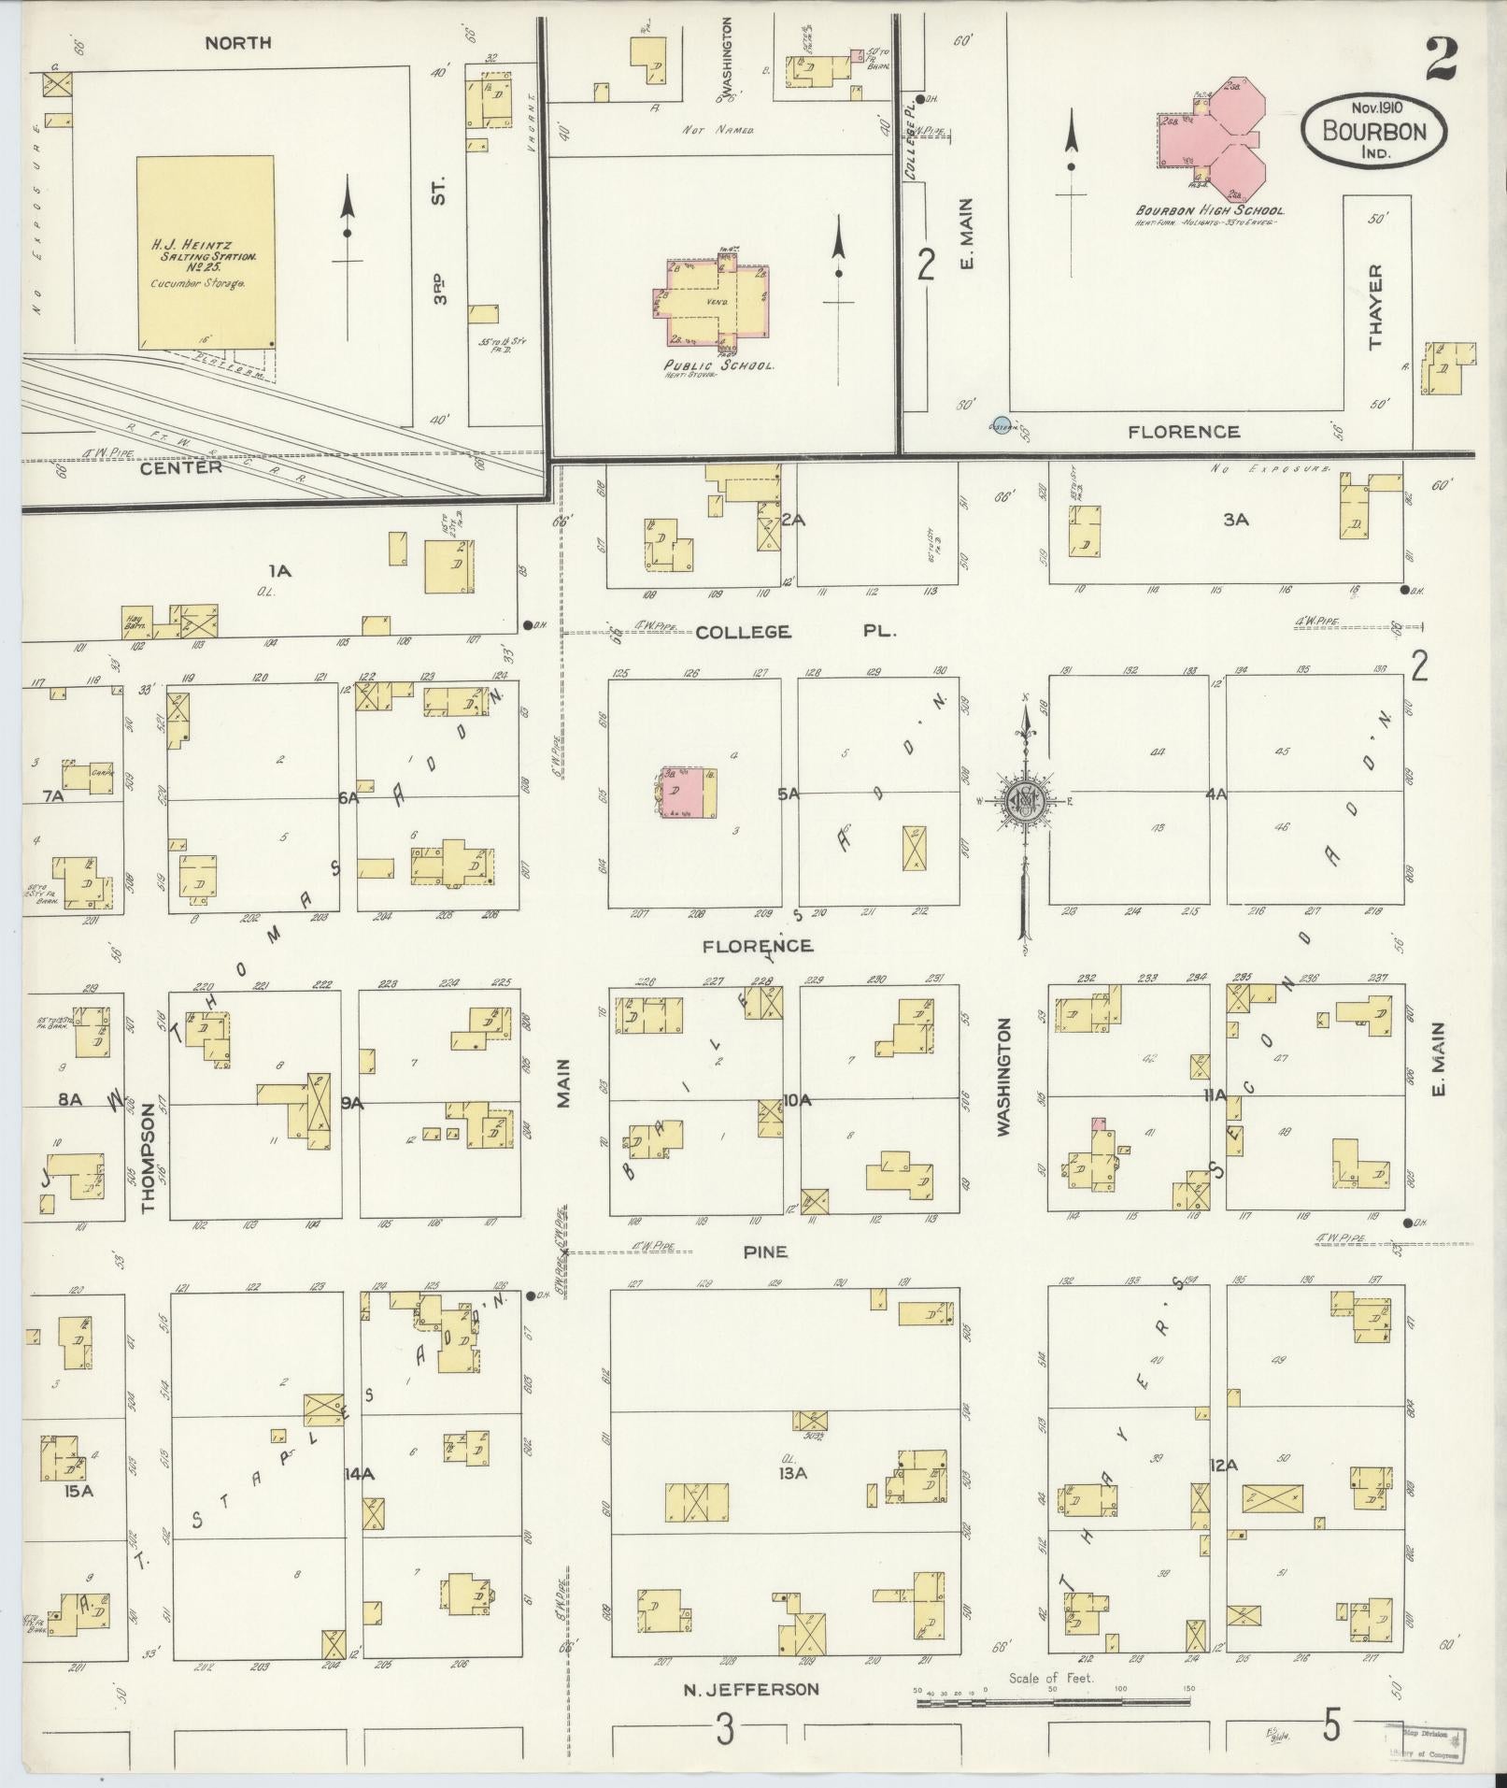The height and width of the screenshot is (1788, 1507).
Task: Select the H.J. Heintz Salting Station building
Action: point(207,252)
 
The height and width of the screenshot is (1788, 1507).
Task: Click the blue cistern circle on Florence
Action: point(1002,425)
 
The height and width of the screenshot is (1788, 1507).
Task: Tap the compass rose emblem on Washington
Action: point(1025,799)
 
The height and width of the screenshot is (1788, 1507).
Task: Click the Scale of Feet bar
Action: point(1056,1703)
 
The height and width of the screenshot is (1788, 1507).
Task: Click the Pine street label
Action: point(765,1252)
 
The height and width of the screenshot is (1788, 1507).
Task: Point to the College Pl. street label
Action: point(795,632)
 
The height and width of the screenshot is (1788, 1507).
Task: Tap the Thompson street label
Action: point(149,1158)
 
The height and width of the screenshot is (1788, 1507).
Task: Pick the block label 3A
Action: point(1236,520)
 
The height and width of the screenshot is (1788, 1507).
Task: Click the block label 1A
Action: point(279,570)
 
